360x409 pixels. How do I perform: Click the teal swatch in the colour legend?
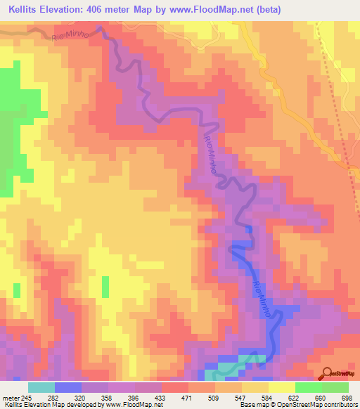[41, 387]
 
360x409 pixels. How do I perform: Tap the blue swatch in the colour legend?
[68, 387]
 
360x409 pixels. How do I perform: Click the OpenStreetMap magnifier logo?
[326, 373]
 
